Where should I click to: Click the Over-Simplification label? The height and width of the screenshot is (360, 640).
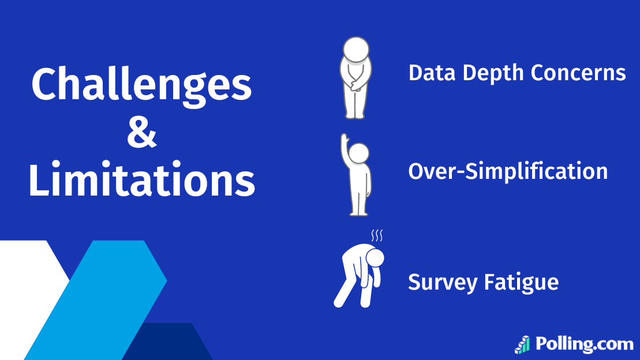[x=508, y=171]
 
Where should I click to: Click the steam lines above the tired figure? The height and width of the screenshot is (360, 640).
[x=377, y=235]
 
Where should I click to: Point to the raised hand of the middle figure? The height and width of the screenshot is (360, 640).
[x=344, y=141]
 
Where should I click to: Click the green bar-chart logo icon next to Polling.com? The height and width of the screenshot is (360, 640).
[x=523, y=344]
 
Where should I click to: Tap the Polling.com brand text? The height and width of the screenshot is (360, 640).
[x=584, y=344]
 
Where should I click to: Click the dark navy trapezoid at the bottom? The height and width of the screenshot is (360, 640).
[x=167, y=343]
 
